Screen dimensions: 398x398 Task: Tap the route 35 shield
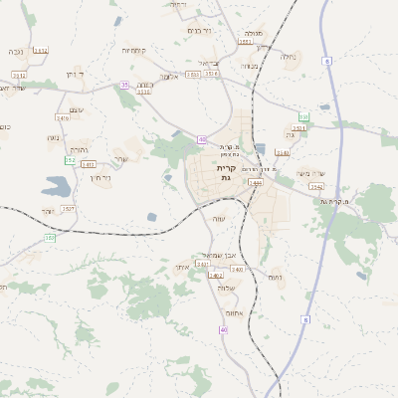[124, 86]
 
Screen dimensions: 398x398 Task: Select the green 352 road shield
[70, 160]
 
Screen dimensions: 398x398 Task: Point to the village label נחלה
[289, 56]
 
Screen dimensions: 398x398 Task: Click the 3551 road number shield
[245, 42]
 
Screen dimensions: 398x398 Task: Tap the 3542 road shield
[316, 186]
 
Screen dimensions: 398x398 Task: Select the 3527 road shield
[69, 208]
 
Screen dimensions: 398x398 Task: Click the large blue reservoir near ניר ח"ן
[56, 185]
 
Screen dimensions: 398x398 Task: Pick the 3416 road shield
[63, 117]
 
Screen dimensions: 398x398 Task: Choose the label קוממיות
[134, 50]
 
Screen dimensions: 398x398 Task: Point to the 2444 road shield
[256, 183]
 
